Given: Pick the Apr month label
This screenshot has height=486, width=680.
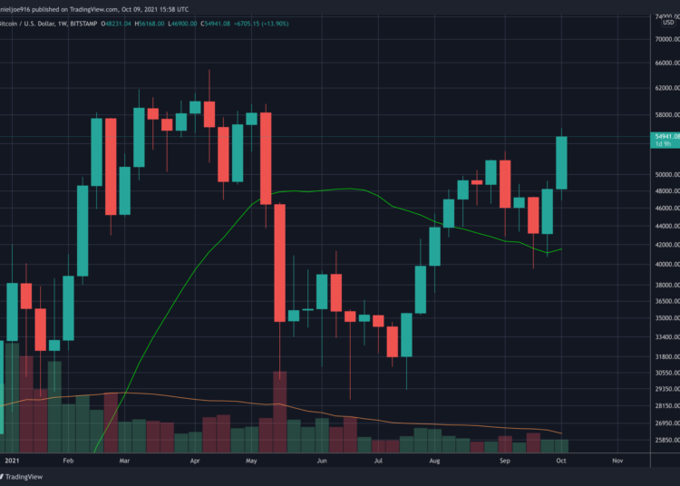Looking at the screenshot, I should pyautogui.click(x=195, y=462).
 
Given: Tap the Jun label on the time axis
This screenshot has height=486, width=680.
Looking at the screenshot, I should pyautogui.click(x=322, y=462).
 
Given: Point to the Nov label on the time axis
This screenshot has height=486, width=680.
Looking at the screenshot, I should pyautogui.click(x=618, y=462).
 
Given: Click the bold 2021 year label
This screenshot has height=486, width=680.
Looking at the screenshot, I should pyautogui.click(x=11, y=462).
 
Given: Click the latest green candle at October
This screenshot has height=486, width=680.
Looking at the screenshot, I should pyautogui.click(x=561, y=163).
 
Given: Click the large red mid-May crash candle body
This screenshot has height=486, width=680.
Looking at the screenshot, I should pyautogui.click(x=280, y=263).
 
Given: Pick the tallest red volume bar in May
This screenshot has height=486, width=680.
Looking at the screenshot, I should pyautogui.click(x=280, y=412).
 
